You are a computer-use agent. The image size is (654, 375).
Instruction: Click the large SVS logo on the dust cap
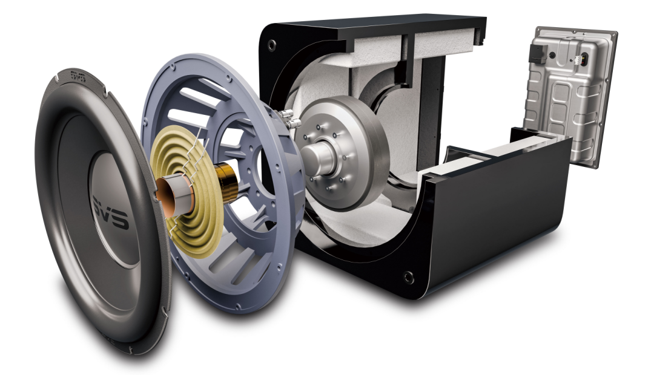(x=110, y=212)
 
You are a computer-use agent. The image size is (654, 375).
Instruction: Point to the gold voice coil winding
(x=225, y=181)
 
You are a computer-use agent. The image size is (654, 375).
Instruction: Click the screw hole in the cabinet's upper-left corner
(x=272, y=44)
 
